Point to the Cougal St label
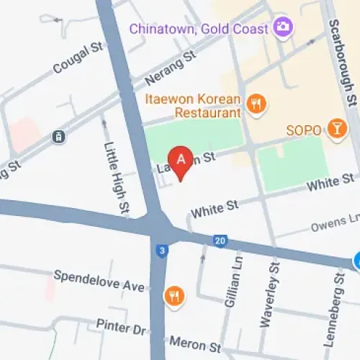click(78, 58)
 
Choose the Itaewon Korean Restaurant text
click(192, 106)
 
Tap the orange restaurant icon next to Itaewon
click(256, 104)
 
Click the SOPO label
click(303, 130)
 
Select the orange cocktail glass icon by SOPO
click(336, 130)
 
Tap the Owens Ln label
click(334, 226)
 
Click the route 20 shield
click(220, 240)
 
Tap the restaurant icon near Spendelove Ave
click(173, 294)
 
